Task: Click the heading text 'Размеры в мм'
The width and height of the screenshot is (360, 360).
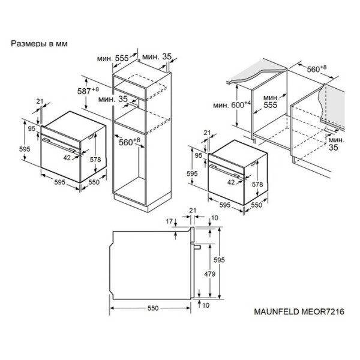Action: click(39, 44)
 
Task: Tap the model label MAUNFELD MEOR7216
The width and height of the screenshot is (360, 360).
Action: click(299, 311)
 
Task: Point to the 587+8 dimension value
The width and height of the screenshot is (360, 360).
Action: click(88, 91)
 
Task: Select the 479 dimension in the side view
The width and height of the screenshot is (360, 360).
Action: click(210, 274)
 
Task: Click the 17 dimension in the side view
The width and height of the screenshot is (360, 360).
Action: click(169, 221)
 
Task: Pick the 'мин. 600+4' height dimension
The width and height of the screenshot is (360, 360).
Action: click(232, 104)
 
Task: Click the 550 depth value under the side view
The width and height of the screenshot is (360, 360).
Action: click(153, 308)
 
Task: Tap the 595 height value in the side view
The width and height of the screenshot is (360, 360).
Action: click(219, 260)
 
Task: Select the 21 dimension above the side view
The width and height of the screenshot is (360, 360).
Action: click(193, 211)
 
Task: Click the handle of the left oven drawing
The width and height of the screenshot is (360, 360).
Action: click(58, 145)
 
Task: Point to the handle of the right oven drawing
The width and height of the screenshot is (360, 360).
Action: click(226, 171)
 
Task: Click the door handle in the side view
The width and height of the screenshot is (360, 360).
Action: click(197, 247)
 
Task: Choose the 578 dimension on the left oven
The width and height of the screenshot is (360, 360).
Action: click(95, 160)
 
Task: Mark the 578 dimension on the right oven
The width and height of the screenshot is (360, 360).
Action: click(257, 184)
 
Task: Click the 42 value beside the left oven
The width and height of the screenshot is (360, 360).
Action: click(67, 158)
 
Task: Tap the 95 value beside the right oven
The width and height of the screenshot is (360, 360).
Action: click(199, 155)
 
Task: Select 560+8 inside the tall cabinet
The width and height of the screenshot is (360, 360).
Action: click(129, 142)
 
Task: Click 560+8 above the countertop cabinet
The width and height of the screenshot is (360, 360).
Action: click(317, 68)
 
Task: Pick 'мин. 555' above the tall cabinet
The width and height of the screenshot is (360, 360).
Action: click(113, 58)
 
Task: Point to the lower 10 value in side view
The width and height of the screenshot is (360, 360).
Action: click(206, 305)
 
